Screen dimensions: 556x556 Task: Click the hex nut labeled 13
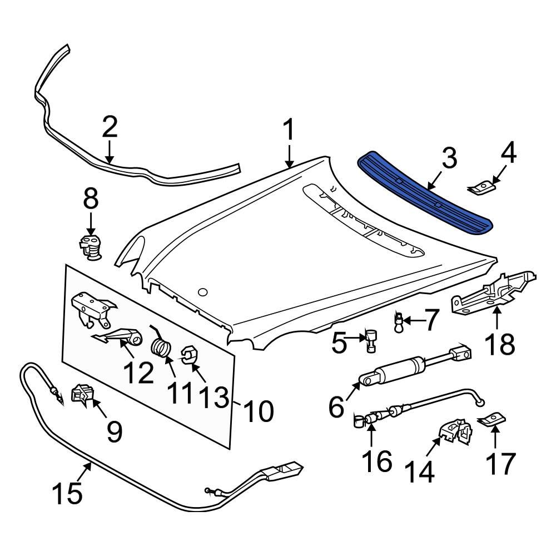(x=190, y=356)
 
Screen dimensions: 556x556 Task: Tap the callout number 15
(x=68, y=493)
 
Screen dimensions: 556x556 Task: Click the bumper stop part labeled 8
(x=90, y=246)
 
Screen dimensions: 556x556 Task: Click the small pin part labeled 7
(x=398, y=321)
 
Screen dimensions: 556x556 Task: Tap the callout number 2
(x=110, y=127)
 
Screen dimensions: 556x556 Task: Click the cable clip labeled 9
(x=83, y=394)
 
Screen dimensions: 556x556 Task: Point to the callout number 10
(x=257, y=411)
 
